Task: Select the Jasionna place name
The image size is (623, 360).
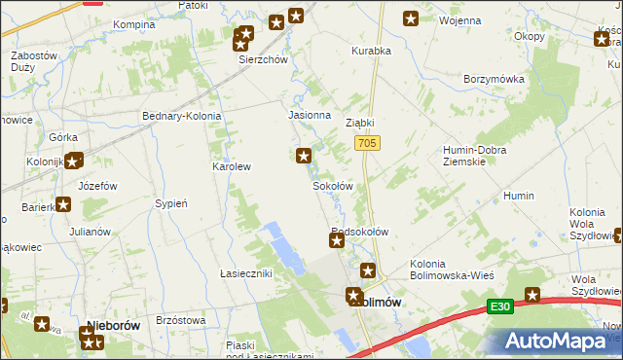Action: tap(309, 114)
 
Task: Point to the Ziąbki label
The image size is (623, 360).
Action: tap(360, 124)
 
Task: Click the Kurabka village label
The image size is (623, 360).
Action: tap(371, 50)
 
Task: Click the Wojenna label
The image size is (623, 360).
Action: tap(460, 20)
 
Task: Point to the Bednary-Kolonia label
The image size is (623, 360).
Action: tap(182, 116)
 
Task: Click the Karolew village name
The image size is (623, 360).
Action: tap(233, 166)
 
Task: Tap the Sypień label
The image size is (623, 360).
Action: tap(171, 203)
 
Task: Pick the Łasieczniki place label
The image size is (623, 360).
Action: tap(245, 273)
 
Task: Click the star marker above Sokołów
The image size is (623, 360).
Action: tap(304, 155)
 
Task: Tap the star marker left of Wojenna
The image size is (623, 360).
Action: tap(411, 18)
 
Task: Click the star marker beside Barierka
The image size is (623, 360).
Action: tap(63, 204)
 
